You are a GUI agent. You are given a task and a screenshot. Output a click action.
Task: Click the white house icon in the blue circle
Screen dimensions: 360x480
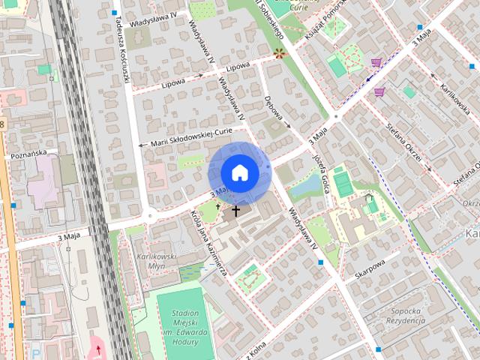(238, 172)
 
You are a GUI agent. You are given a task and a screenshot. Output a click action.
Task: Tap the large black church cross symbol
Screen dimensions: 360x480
(235, 211)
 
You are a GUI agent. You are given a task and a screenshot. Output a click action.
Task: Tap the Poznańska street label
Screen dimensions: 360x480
(29, 154)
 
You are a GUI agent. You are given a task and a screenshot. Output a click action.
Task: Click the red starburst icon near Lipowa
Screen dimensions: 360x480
(280, 52)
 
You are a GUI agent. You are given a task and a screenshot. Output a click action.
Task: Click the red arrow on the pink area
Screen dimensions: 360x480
(97, 349)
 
